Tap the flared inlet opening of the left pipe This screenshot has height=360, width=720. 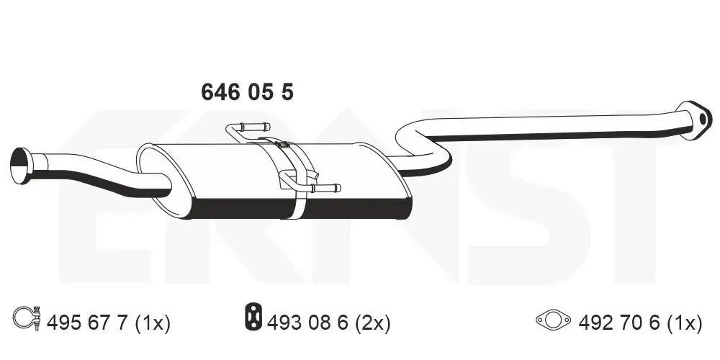tap(19, 166)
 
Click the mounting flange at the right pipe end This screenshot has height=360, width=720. tap(694, 119)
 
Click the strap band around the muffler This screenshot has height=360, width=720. tap(291, 180)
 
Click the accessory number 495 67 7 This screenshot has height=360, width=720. tap(87, 323)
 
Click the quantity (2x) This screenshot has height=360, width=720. tap(374, 323)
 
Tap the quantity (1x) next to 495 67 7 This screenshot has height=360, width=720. tap(152, 323)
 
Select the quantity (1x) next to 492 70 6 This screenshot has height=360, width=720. tap(683, 323)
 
